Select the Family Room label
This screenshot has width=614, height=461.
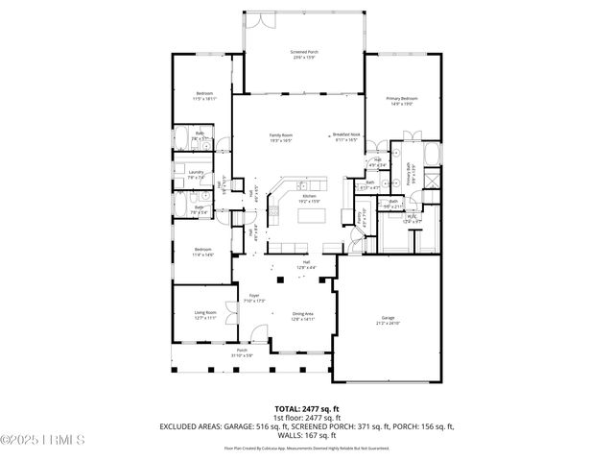tap(281, 137)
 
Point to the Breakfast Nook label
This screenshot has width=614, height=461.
tap(345, 137)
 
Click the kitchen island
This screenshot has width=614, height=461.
tap(311, 214)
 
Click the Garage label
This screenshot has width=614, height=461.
tap(388, 321)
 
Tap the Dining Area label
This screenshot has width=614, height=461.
tap(303, 316)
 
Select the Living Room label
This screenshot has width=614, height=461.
tap(205, 314)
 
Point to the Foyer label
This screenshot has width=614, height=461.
tap(254, 298)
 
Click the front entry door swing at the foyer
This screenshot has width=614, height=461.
tap(254, 336)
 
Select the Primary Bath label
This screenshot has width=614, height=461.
tap(413, 177)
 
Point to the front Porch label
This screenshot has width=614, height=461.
tap(242, 353)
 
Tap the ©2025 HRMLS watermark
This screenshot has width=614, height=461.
tap(43, 440)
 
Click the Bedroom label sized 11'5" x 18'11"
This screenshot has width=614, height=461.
tap(204, 97)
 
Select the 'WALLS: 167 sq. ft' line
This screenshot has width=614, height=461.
tap(306, 434)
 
